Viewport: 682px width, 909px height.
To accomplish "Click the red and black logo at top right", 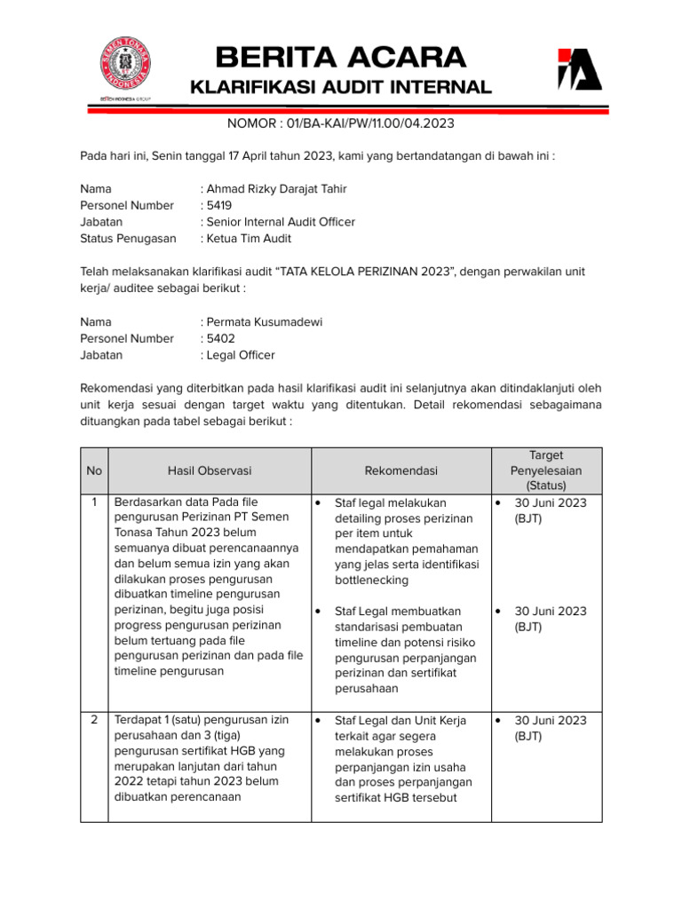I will tap(579, 70).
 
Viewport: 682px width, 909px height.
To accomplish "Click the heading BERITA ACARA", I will tap(341, 58).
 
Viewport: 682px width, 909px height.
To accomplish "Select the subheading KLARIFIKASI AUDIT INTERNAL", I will tap(341, 87).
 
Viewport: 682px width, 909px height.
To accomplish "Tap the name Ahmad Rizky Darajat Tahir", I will tap(277, 188).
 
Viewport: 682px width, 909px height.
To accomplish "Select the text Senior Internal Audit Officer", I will tap(281, 222).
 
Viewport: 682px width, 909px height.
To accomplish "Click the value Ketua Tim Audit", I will tap(249, 238).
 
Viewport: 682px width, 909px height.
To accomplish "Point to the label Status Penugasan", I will tap(128, 238).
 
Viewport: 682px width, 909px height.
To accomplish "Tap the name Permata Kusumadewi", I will tap(263, 321).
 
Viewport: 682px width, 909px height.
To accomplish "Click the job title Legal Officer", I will tap(241, 355).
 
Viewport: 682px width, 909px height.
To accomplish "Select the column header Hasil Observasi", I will tap(209, 470).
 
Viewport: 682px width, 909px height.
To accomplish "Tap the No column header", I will tap(94, 470).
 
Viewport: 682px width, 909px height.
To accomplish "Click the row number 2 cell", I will tap(94, 720).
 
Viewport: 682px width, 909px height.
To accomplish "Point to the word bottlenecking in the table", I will tap(371, 580).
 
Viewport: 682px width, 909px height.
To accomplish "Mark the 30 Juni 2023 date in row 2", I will tap(551, 720).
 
